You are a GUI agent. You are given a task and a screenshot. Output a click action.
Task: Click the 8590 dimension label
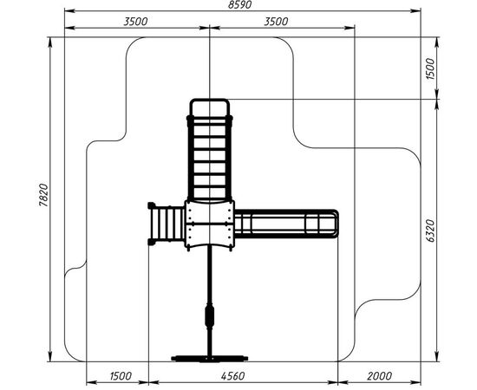point(239,5)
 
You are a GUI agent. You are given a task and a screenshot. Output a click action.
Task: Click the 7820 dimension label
point(44,195)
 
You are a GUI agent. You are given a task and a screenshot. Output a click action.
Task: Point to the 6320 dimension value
point(431,231)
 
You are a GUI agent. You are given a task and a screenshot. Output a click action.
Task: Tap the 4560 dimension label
point(232,376)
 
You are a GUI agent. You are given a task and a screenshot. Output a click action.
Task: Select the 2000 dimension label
point(379,376)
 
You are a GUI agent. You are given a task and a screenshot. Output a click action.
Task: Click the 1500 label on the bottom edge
point(121,376)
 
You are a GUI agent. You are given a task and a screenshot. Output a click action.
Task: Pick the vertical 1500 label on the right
point(431,69)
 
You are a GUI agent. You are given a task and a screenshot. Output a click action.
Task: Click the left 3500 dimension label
point(135,22)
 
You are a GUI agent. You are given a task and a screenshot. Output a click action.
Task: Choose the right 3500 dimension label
point(276,22)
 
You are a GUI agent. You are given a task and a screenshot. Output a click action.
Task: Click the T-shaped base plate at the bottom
point(210,359)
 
